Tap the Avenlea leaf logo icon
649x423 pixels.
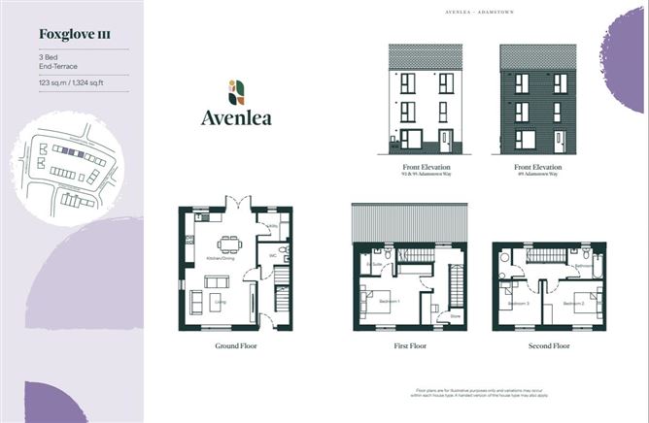pos(236,92)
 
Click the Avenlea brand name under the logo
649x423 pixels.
pos(236,118)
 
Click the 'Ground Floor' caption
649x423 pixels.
pos(235,344)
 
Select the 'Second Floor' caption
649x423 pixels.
pos(549,344)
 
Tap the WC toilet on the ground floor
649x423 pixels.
pos(282,255)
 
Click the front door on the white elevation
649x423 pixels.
pos(445,141)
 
